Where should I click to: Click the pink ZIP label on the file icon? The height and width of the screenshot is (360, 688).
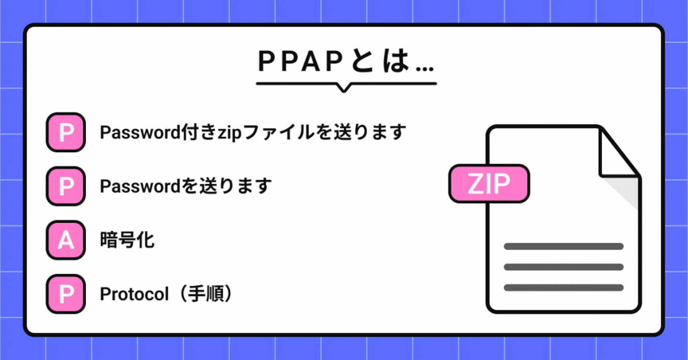tap(489, 184)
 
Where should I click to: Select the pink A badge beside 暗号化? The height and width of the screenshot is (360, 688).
tap(65, 240)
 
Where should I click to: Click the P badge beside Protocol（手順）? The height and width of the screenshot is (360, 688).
tap(65, 294)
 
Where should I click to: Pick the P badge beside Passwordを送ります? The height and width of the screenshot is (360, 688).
tap(65, 186)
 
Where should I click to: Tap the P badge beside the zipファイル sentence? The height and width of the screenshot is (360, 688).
tap(65, 132)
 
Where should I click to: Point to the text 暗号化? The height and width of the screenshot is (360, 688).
tap(127, 240)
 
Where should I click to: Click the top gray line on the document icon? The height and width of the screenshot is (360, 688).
tap(563, 246)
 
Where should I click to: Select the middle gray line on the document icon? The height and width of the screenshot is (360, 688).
tap(563, 267)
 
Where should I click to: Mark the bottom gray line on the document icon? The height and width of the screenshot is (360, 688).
tap(563, 287)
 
